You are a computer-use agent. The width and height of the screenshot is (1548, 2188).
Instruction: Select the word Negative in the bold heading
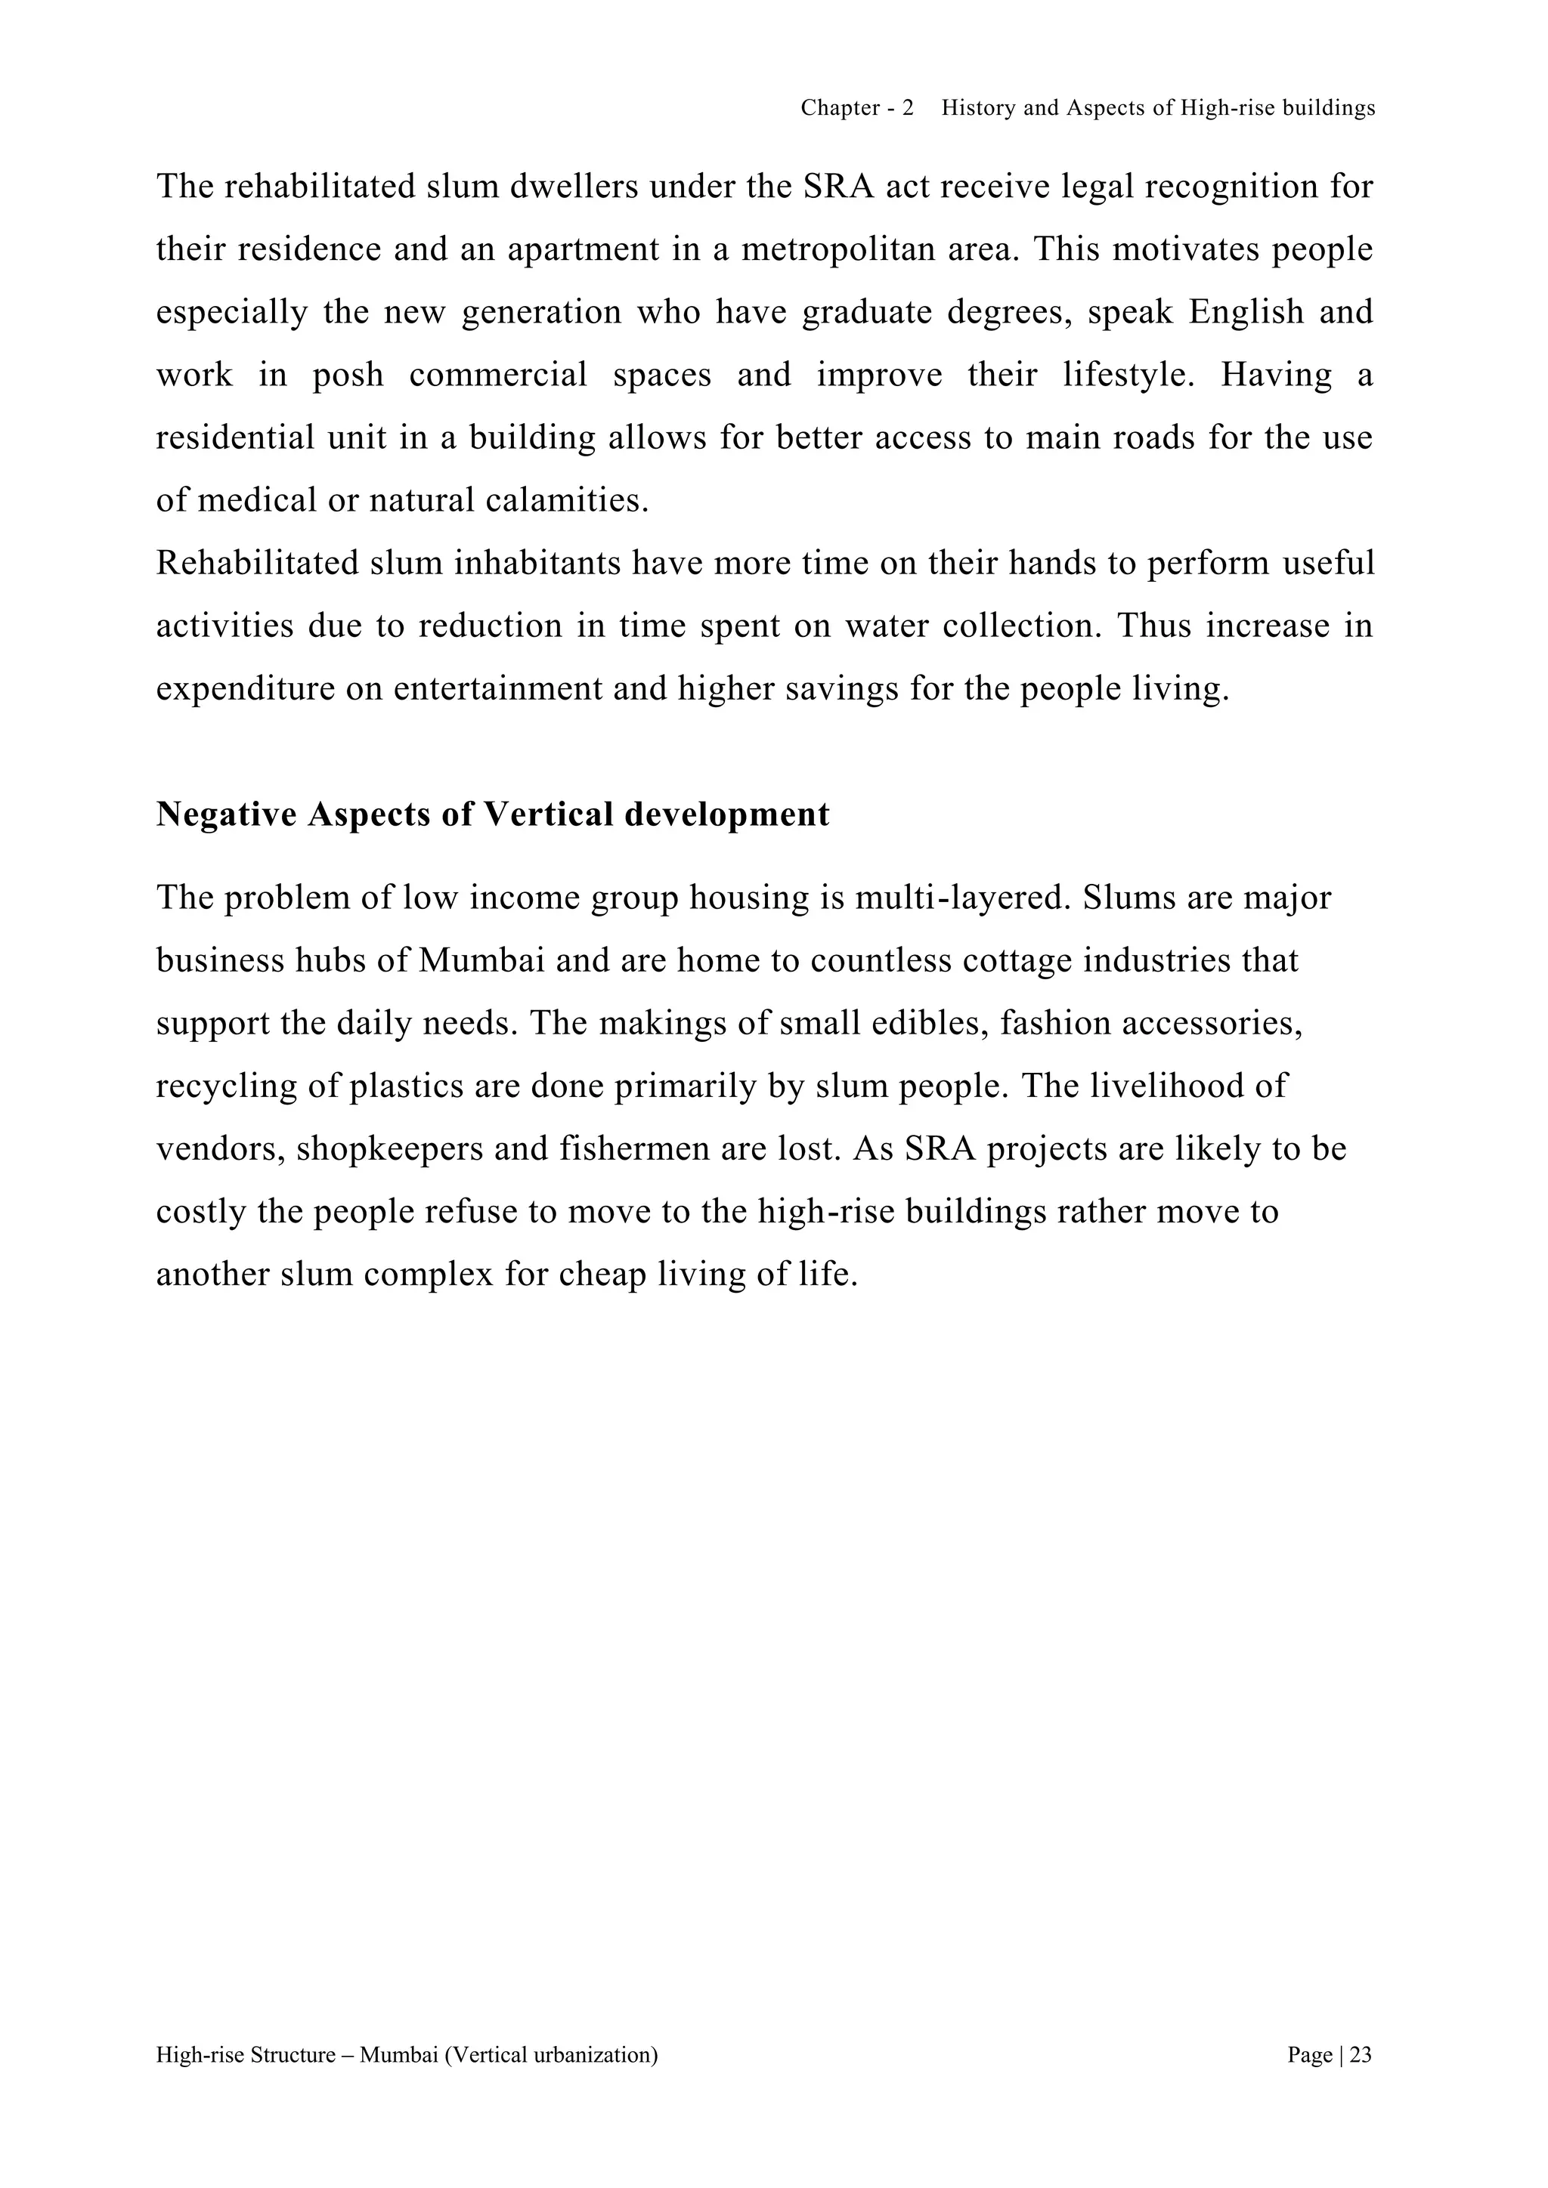[226, 814]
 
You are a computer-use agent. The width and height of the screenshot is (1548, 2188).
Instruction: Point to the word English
[1246, 313]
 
